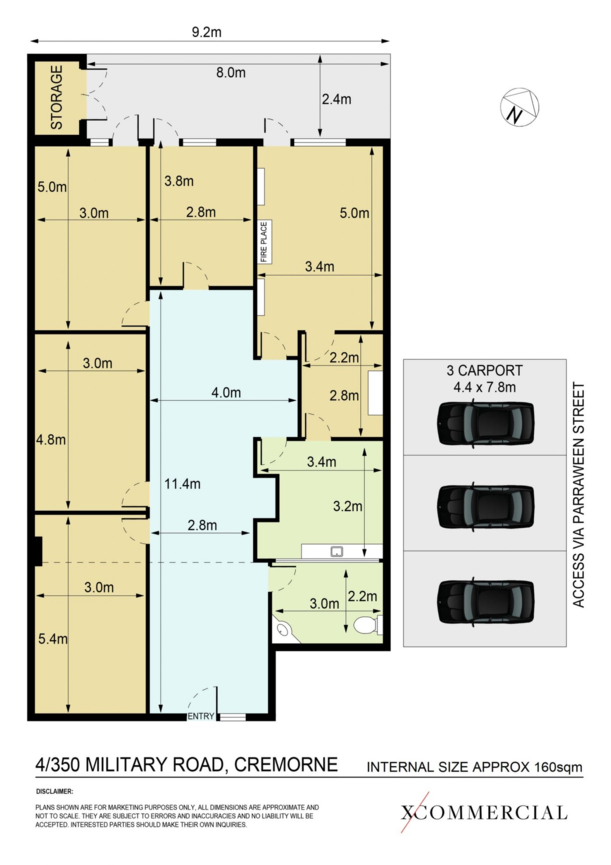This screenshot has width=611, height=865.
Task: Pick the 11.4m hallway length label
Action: click(x=182, y=484)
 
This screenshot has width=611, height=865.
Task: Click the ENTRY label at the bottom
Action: click(x=201, y=716)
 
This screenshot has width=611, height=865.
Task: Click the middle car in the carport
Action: click(x=486, y=507)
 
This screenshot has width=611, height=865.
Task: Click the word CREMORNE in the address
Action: click(x=286, y=765)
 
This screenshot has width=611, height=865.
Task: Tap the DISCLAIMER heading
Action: click(x=55, y=791)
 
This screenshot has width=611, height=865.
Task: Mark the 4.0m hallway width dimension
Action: click(x=226, y=393)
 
